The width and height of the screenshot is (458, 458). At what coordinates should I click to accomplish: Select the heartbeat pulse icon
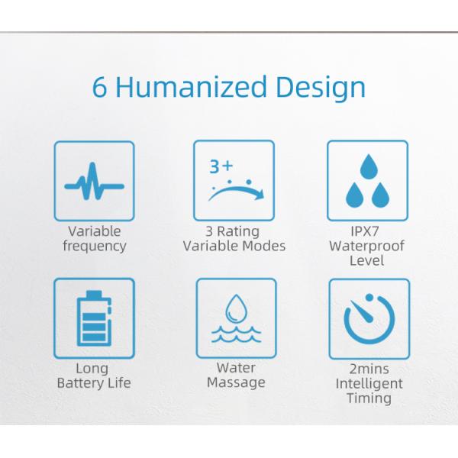(x=95, y=181)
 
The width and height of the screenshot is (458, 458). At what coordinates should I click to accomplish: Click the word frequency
(x=95, y=246)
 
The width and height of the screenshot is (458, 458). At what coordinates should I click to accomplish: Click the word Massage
(x=235, y=382)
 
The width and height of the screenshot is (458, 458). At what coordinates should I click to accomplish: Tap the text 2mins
(x=369, y=369)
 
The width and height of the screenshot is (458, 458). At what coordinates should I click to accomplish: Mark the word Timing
(x=369, y=398)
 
